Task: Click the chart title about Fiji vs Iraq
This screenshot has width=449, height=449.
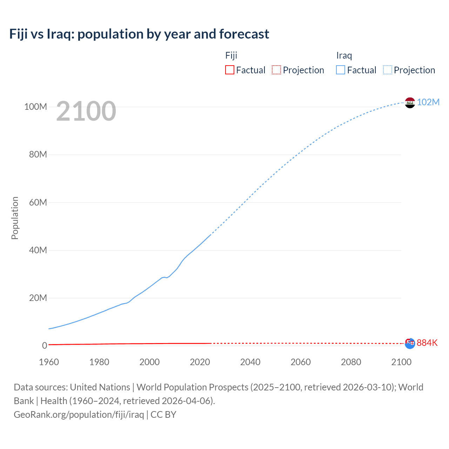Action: [x=139, y=34]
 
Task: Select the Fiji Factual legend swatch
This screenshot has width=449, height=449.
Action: [x=229, y=70]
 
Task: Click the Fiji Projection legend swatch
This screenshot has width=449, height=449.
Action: [x=276, y=70]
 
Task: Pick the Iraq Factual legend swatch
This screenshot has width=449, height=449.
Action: [x=340, y=70]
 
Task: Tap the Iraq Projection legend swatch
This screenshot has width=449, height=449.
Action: [x=387, y=70]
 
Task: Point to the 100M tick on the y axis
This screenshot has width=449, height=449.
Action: [x=35, y=107]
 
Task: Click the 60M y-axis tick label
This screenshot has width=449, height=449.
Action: [x=38, y=202]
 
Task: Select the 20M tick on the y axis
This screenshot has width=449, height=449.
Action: [x=38, y=298]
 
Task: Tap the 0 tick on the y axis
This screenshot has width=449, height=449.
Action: [x=45, y=346]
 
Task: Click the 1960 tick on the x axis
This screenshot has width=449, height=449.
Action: [x=49, y=362]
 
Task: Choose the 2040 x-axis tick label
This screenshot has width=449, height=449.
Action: [x=250, y=362]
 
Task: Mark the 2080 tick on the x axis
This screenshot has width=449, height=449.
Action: [x=351, y=362]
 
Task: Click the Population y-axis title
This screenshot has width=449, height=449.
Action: [x=15, y=218]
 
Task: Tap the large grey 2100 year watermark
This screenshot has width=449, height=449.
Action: [x=86, y=111]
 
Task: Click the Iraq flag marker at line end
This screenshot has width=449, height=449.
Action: [x=410, y=103]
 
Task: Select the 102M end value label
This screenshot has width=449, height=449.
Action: [x=428, y=102]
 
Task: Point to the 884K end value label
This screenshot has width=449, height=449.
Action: [x=427, y=343]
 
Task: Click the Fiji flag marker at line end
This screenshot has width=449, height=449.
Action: [x=410, y=343]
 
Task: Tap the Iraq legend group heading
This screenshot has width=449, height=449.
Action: [x=344, y=55]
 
